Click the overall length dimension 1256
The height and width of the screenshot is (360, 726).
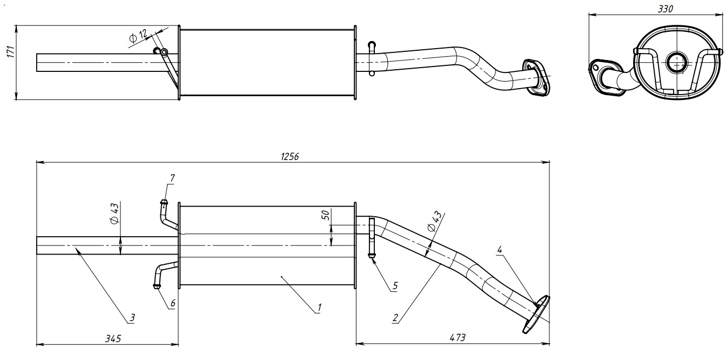tap(290, 156)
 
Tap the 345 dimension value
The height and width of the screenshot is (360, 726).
tap(113, 338)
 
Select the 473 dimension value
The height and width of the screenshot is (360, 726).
tap(457, 338)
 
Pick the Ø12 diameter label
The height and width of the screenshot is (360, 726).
tap(138, 37)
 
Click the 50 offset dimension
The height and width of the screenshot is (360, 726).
tap(325, 215)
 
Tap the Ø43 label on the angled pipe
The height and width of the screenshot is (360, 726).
tap(435, 222)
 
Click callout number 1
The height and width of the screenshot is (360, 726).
tap(319, 308)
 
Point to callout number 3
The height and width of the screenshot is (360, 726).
tap(131, 318)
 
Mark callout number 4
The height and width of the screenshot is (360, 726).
tap(500, 250)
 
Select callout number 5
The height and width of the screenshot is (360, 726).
tap(395, 286)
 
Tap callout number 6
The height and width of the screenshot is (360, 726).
tap(173, 303)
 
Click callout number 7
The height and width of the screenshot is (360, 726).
tap(172, 178)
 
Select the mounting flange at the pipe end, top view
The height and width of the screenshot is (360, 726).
tap(535, 76)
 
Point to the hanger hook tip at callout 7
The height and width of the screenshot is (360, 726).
tap(164, 203)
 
